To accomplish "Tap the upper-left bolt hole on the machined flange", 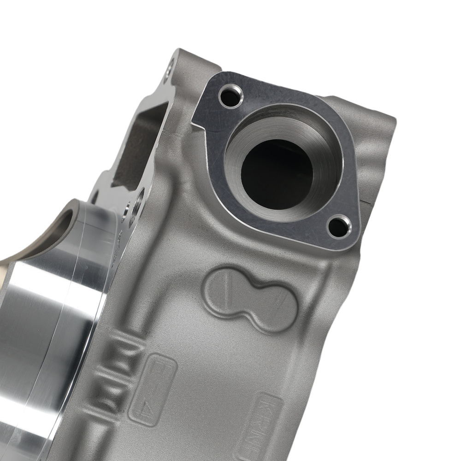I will [x=230, y=96].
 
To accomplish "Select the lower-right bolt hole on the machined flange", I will [x=339, y=226].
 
